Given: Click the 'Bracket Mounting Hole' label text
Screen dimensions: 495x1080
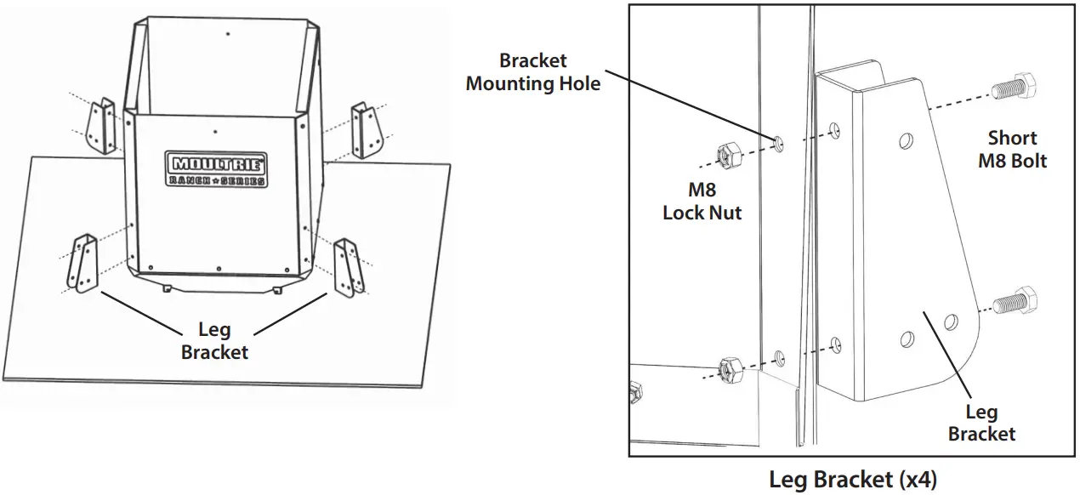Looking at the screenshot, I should (x=533, y=72).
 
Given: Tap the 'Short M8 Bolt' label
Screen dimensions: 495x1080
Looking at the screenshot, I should (x=1012, y=149).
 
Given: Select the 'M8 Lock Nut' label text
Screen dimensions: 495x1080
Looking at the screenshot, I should (x=702, y=202).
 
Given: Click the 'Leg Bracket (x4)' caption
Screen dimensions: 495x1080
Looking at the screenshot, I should (x=853, y=479).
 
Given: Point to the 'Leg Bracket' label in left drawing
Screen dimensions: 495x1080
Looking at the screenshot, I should (x=214, y=341).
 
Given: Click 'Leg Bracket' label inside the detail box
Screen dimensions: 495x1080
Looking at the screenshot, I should (x=981, y=424).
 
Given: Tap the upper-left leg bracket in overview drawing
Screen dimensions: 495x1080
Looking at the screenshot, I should (x=103, y=126).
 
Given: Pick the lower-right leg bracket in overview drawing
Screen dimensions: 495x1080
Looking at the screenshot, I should (x=349, y=266).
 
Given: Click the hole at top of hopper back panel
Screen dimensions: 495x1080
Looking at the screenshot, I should (x=228, y=34).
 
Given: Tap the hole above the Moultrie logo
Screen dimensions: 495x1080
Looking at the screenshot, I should (x=216, y=132).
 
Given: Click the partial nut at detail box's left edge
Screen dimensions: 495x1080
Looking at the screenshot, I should (x=634, y=392).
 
